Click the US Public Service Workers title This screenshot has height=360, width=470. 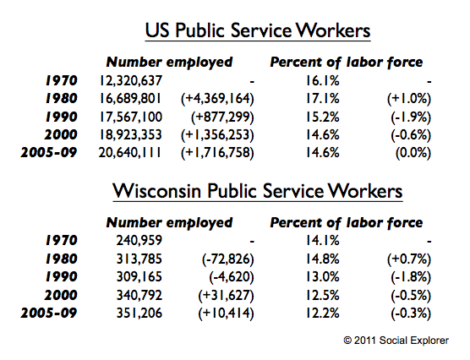258,30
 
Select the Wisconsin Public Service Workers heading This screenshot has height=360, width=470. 258,191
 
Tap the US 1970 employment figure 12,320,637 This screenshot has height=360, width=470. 131,80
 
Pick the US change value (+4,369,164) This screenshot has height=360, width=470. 217,99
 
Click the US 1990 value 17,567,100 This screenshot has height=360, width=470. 131,117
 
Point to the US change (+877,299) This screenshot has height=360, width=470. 222,117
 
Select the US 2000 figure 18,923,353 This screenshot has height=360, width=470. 131,135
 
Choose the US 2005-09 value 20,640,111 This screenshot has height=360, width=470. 130,153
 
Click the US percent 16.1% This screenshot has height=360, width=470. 323,80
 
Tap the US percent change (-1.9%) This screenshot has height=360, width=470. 411,117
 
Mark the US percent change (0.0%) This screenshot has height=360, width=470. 413,153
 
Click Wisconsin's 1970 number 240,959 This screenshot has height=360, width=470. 139,240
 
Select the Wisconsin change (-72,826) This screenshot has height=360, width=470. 227,259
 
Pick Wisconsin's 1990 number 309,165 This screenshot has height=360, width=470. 139,276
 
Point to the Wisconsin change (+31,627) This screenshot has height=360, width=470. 226,296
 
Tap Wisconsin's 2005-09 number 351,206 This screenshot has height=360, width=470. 139,314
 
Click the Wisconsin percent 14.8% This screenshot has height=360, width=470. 323,259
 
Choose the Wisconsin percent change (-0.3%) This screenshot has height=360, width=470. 411,314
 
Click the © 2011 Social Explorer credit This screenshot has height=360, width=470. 396,341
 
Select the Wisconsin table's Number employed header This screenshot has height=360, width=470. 169,223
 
